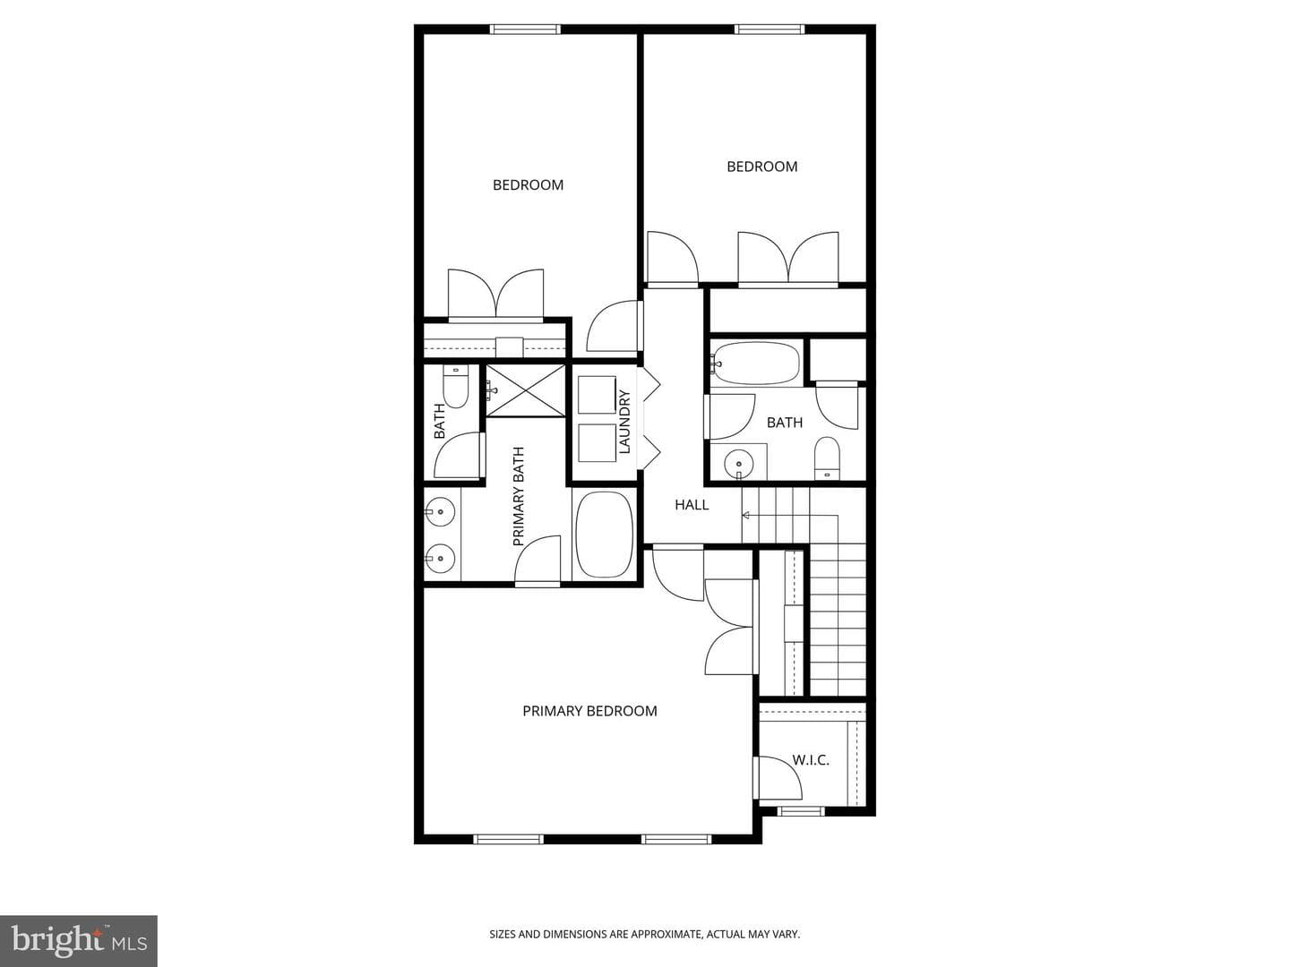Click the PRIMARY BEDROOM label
(589, 711)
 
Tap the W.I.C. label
(811, 760)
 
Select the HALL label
(692, 504)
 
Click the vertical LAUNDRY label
(624, 422)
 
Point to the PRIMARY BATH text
(518, 497)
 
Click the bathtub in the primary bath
(604, 535)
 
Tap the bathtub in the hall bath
(756, 364)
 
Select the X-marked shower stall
(525, 389)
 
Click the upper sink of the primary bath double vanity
(440, 512)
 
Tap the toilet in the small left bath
(455, 386)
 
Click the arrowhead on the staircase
(746, 516)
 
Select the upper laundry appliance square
(598, 395)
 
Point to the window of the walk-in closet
(801, 811)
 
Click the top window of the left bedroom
(525, 29)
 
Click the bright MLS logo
(79, 940)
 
